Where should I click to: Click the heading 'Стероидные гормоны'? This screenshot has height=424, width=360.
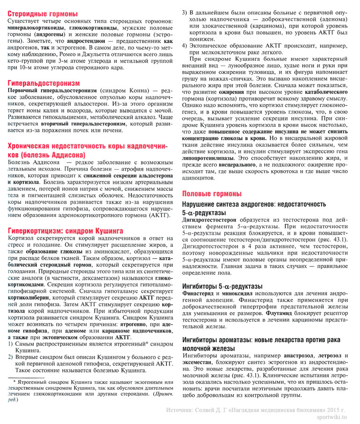click(43, 14)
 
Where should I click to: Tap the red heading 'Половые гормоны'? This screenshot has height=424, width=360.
click(212, 194)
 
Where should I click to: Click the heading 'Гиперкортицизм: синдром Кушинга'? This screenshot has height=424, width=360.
click(65, 230)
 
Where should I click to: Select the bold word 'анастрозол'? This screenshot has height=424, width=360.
click(290, 355)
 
